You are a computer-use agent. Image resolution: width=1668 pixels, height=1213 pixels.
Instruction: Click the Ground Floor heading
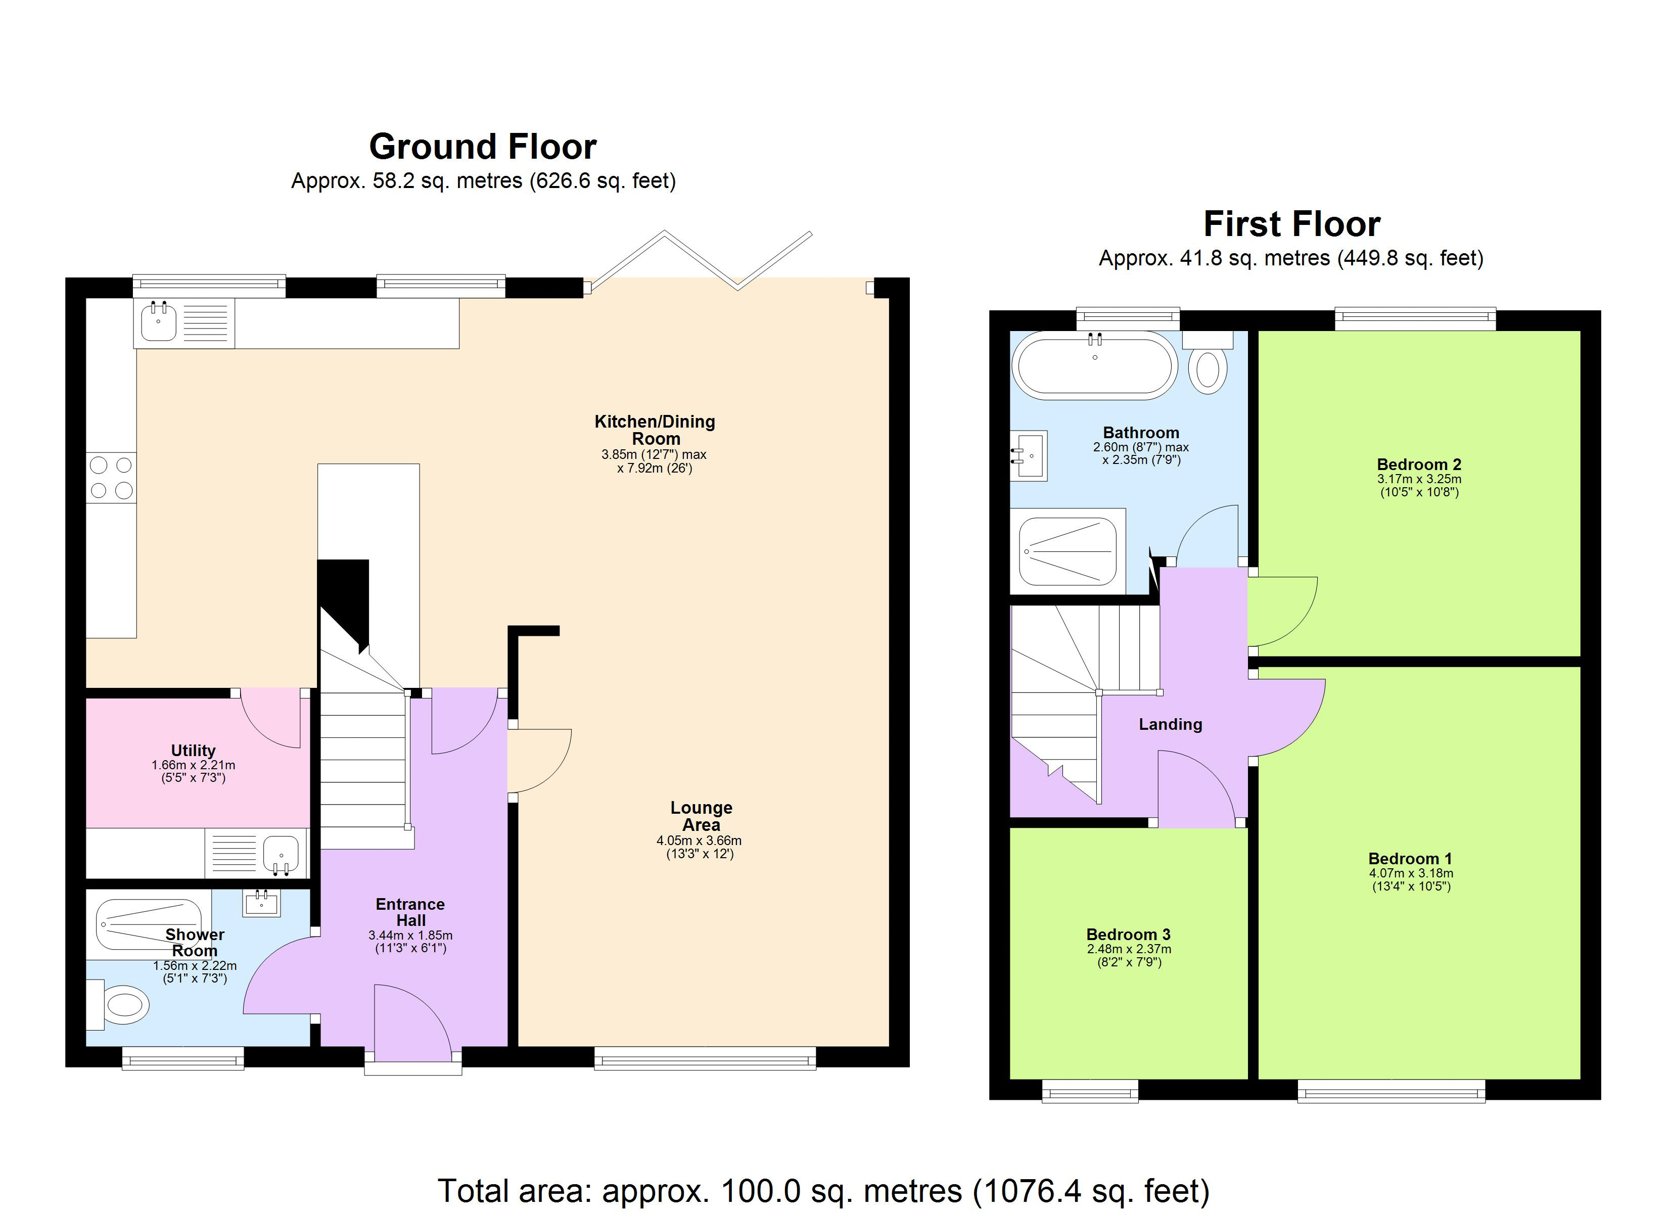(x=482, y=147)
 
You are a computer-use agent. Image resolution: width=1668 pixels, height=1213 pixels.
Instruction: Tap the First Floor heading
(x=1291, y=224)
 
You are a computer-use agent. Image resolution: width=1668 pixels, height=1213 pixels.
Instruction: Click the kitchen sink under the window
(x=158, y=323)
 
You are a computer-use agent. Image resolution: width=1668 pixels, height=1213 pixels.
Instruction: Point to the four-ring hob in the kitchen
(x=111, y=478)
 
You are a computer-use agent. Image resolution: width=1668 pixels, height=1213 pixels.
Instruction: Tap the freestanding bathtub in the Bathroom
(x=1094, y=365)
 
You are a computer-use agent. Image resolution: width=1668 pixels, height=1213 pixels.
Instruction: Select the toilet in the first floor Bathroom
(x=1208, y=369)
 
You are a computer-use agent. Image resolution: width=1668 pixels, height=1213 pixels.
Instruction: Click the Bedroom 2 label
(x=1419, y=464)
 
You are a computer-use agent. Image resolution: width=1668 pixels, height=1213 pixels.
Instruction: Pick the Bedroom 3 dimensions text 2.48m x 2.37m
(x=1129, y=949)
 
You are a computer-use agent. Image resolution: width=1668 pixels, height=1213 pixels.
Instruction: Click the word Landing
(x=1170, y=725)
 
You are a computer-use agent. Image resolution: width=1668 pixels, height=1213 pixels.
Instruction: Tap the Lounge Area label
(x=701, y=816)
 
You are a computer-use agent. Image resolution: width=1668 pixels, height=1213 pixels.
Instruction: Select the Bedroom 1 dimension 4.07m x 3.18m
(x=1411, y=873)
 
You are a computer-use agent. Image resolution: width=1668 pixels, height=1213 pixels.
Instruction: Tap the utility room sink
(x=280, y=853)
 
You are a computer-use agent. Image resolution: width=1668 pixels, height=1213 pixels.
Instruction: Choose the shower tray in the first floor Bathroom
(x=1068, y=551)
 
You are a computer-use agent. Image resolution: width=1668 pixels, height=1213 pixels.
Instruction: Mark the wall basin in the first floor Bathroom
(x=1030, y=455)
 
